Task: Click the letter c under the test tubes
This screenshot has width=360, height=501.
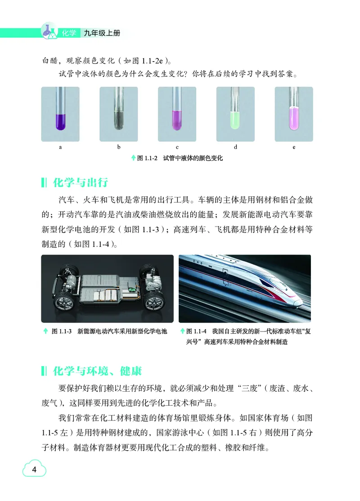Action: [177, 147]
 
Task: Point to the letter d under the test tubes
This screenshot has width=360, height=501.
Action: [236, 147]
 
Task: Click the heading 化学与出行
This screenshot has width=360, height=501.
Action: [81, 183]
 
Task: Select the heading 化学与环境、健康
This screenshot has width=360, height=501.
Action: [97, 371]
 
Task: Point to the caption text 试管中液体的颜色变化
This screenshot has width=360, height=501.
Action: [193, 158]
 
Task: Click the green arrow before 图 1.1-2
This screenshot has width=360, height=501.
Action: [133, 158]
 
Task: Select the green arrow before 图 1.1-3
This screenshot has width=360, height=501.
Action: [45, 331]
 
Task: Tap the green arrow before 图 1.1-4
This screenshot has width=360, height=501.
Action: [182, 331]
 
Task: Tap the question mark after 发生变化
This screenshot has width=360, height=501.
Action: [186, 74]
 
